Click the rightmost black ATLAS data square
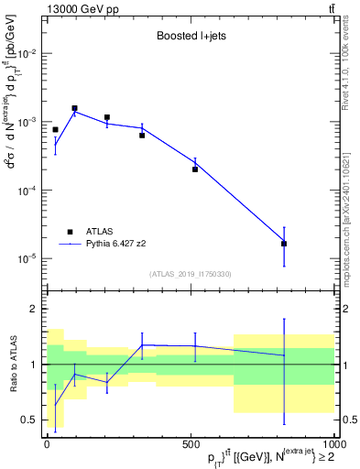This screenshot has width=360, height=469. point(284,244)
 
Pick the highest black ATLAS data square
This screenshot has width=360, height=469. point(74,108)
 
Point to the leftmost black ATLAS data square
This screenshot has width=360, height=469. point(55,130)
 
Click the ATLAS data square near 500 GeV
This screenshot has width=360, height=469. point(195,169)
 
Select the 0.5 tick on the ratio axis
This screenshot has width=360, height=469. point(29,420)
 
